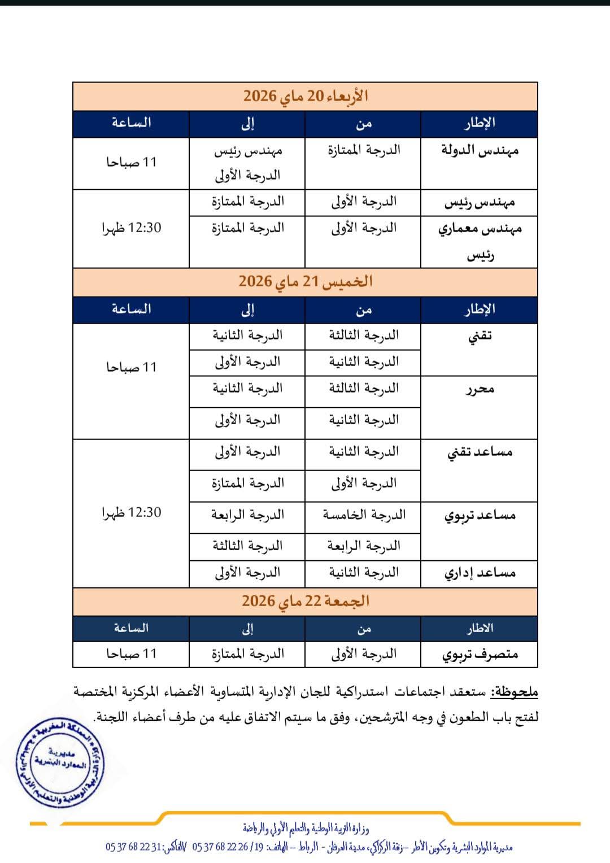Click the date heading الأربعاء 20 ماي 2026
[306, 96]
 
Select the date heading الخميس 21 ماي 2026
[306, 281]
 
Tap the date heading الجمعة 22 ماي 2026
[306, 601]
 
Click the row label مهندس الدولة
[480, 151]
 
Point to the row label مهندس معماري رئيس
[480, 242]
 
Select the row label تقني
[480, 335]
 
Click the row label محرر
[480, 389]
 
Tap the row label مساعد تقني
[480, 452]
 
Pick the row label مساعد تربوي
[480, 515]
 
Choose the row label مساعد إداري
[480, 573]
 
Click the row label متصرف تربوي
[480, 654]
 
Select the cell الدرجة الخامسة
[364, 515]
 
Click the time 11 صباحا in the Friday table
[131, 654]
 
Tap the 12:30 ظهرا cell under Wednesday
[131, 228]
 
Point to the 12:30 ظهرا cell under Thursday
[131, 513]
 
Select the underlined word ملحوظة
[514, 692]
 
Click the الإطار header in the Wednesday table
[480, 123]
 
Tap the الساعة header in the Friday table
[131, 628]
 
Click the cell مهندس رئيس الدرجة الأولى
[247, 163]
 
